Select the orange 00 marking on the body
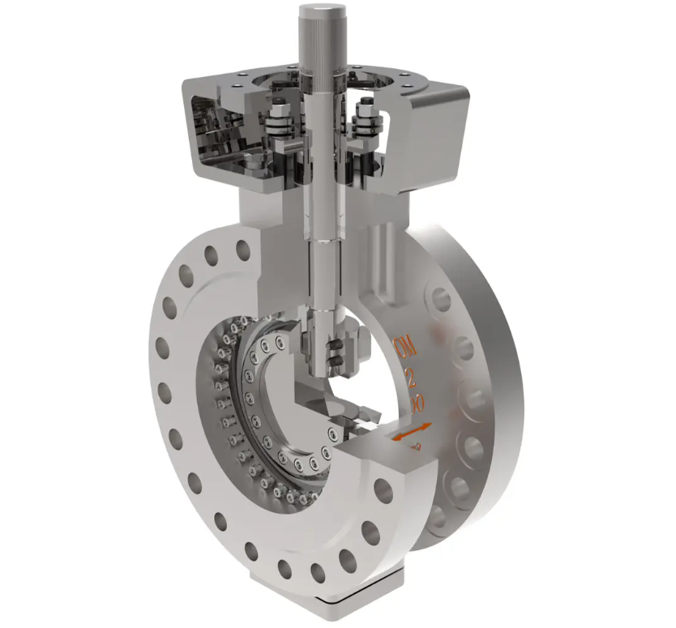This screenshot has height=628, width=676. [416, 403]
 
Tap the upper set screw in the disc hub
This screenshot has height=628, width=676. [332, 349]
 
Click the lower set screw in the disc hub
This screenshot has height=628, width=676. [332, 366]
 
